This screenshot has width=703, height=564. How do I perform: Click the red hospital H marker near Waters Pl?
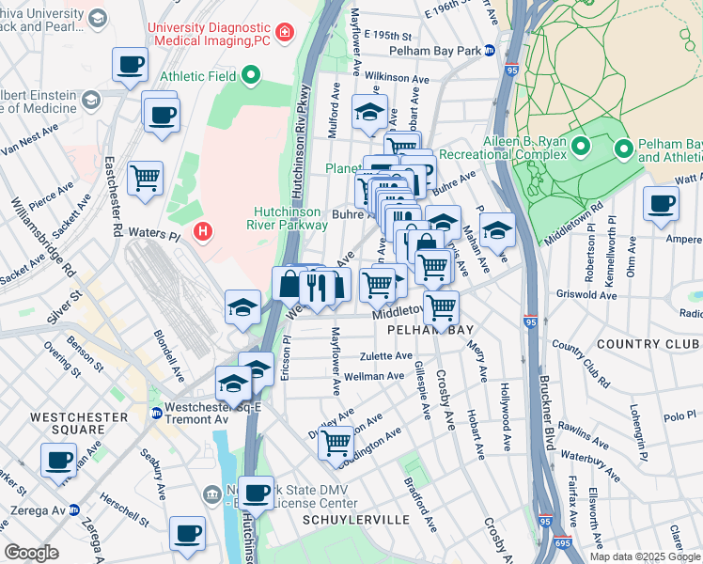pyautogui.click(x=201, y=230)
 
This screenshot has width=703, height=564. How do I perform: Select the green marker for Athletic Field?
pyautogui.click(x=250, y=75)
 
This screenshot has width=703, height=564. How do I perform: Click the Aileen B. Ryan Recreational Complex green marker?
pyautogui.click(x=581, y=146)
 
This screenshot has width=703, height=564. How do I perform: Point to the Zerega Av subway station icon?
pyautogui.click(x=74, y=509)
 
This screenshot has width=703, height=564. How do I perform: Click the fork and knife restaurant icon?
pyautogui.click(x=316, y=284)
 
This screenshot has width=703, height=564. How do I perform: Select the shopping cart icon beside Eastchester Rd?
pyautogui.click(x=146, y=177)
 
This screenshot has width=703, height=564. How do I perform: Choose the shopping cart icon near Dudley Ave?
pyautogui.click(x=336, y=441)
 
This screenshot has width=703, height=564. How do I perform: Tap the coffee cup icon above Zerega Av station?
pyautogui.click(x=58, y=461)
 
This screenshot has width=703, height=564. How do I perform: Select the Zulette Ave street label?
pyautogui.click(x=387, y=356)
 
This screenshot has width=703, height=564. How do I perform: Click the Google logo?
pyautogui.click(x=31, y=553)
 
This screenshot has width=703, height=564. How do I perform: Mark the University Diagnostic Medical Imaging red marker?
pyautogui.click(x=284, y=33)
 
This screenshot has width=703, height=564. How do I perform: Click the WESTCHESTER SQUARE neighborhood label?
pyautogui.click(x=66, y=424)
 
